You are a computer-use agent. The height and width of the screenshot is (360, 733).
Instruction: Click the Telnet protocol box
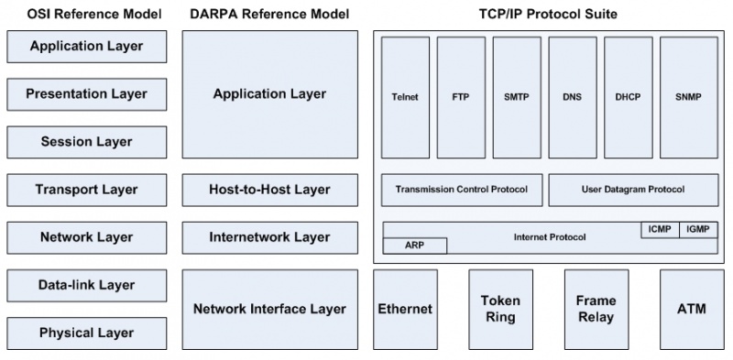[404, 96]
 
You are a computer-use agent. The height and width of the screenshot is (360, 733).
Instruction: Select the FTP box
[460, 96]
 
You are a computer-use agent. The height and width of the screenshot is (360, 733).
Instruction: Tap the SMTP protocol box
[516, 96]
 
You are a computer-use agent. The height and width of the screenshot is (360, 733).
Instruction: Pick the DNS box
[572, 96]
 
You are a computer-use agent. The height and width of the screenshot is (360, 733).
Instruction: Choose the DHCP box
[628, 96]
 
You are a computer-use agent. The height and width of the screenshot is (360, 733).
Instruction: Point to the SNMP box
[688, 96]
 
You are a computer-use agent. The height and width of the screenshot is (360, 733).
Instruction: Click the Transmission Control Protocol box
[461, 190]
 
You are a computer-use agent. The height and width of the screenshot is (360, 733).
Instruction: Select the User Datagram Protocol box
[632, 190]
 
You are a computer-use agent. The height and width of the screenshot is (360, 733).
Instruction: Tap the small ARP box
[414, 245]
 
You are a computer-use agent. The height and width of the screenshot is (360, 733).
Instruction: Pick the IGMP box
[698, 230]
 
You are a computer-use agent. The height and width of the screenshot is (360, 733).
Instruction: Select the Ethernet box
[404, 310]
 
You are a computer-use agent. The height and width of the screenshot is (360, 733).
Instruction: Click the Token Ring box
[500, 310]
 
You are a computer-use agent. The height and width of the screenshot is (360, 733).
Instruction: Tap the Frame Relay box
[596, 310]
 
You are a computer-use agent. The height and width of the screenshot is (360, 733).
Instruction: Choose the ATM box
[691, 310]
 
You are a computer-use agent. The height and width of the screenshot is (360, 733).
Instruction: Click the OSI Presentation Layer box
[86, 93]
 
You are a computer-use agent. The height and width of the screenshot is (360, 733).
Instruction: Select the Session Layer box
[86, 142]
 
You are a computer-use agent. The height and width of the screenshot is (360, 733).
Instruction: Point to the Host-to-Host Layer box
[269, 190]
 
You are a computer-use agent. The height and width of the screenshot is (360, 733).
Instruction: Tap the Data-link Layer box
[86, 285]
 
